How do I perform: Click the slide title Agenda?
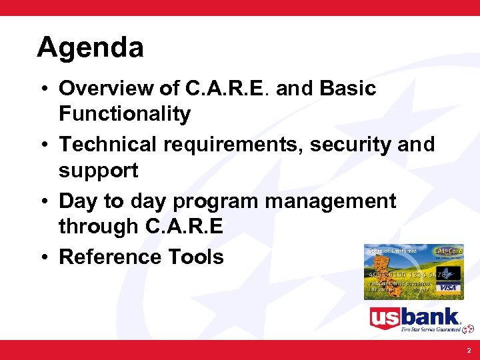90,48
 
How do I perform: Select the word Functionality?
125,114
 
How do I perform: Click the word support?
98,171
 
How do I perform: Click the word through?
99,227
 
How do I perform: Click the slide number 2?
468,350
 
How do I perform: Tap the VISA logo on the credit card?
449,288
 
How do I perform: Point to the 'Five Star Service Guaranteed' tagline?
431,329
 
